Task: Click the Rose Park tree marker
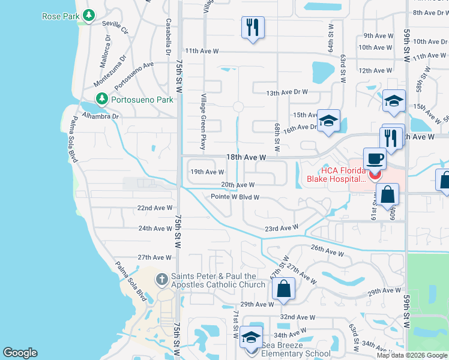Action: tap(89, 15)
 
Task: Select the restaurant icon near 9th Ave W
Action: tap(253, 27)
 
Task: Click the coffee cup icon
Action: tap(375, 158)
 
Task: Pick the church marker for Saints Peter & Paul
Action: tap(161, 279)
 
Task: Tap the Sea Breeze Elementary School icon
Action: tap(252, 338)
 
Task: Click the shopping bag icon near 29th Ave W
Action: tap(283, 289)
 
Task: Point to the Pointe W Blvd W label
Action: tap(235, 197)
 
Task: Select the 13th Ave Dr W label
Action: tap(287, 92)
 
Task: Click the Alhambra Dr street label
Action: tap(101, 116)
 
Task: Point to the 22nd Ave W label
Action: tap(155, 208)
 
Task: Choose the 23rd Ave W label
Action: tap(282, 228)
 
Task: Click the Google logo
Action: tap(20, 353)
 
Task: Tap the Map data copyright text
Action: tap(412, 355)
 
